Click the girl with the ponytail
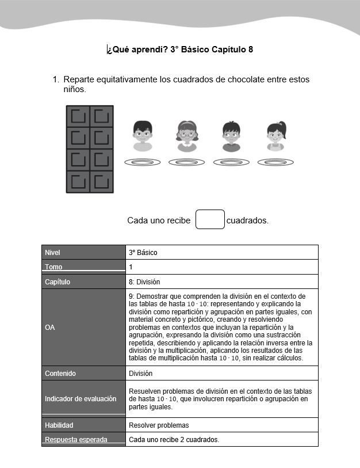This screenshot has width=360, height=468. tap(276, 136)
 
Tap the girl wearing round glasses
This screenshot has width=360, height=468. tap(187, 136)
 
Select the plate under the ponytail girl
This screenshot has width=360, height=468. tap(275, 162)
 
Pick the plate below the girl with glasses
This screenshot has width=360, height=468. tap(187, 162)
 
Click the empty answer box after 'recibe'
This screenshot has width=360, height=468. tap(210, 219)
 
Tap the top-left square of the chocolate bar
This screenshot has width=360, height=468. tap(78, 117)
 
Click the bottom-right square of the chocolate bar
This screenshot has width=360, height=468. tap(101, 181)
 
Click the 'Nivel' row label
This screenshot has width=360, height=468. tap(52, 252)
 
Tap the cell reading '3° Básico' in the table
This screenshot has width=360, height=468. tap(143, 252)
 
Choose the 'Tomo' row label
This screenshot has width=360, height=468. tap(53, 267)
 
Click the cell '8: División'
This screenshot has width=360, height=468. tap(144, 282)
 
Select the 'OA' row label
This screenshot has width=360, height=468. tap(49, 327)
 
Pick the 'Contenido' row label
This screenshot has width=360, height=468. tap(60, 374)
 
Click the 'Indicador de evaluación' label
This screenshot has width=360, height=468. tap(81, 398)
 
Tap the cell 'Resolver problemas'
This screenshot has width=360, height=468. tap(159, 425)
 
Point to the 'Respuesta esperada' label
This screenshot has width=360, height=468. tap(76, 440)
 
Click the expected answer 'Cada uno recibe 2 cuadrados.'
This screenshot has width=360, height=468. tap(174, 440)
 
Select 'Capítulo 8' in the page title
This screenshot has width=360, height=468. tap(232, 50)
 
